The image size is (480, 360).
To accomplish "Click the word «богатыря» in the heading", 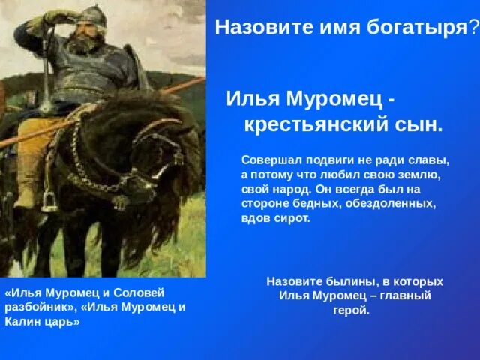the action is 417,28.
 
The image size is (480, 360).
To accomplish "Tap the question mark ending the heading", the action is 473,27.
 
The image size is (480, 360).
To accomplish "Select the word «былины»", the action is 349,282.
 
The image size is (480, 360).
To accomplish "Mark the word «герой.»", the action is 351,310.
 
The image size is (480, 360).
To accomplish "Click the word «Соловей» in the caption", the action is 139,292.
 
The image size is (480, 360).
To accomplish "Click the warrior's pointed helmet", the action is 91,15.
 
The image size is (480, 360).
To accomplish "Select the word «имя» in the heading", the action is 340,28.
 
